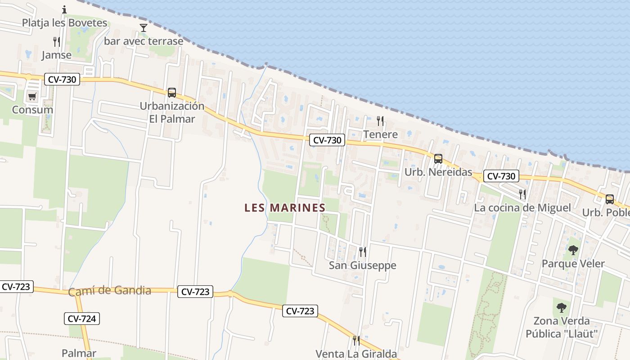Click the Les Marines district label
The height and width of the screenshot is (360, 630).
(284, 207)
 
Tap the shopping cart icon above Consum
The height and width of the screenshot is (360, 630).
(32, 96)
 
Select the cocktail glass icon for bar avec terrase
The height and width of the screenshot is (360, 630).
(144, 28)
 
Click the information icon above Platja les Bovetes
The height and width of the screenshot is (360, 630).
(64, 9)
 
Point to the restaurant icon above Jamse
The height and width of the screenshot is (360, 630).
(57, 42)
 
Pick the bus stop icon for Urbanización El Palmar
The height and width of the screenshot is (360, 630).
(171, 93)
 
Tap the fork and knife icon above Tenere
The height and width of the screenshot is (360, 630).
(380, 121)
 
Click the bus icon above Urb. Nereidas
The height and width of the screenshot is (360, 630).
(438, 158)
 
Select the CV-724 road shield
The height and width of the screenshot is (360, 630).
(81, 319)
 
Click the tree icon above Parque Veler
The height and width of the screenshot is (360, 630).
(573, 250)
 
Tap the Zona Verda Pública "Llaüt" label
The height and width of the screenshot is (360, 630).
(561, 327)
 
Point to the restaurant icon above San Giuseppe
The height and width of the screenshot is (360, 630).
(362, 252)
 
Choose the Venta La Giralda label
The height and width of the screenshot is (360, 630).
(356, 354)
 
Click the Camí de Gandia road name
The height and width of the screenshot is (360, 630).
(109, 291)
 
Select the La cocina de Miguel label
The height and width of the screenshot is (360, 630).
(522, 208)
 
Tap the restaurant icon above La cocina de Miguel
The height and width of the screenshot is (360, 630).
(522, 194)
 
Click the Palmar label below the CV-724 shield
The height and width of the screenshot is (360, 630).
(79, 353)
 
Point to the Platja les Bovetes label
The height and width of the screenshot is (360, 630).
(64, 22)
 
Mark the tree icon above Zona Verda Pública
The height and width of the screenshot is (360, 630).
(561, 308)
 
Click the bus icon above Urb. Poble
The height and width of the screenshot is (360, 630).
(609, 199)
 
